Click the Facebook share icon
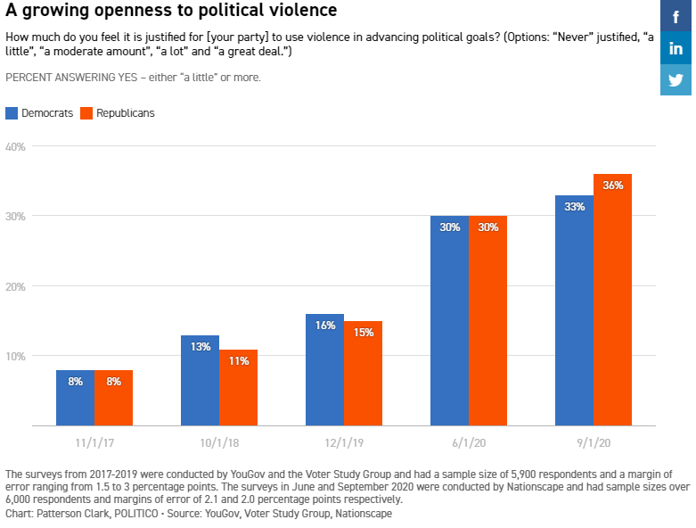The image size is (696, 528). click(676, 15)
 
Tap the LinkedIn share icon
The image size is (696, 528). click(676, 47)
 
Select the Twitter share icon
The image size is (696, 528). click(676, 79)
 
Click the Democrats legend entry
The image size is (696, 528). click(40, 113)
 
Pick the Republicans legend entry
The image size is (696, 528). click(118, 113)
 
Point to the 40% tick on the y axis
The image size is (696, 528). click(16, 146)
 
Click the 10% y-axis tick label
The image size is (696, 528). click(16, 357)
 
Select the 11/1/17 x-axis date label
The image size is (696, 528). click(94, 441)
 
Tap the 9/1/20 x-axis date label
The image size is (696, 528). click(593, 441)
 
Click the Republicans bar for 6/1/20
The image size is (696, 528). click(487, 321)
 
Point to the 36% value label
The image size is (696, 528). click(612, 186)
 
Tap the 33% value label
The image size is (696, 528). click(574, 207)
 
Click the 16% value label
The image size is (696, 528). click(324, 326)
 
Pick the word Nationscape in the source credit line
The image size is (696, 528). click(361, 514)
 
